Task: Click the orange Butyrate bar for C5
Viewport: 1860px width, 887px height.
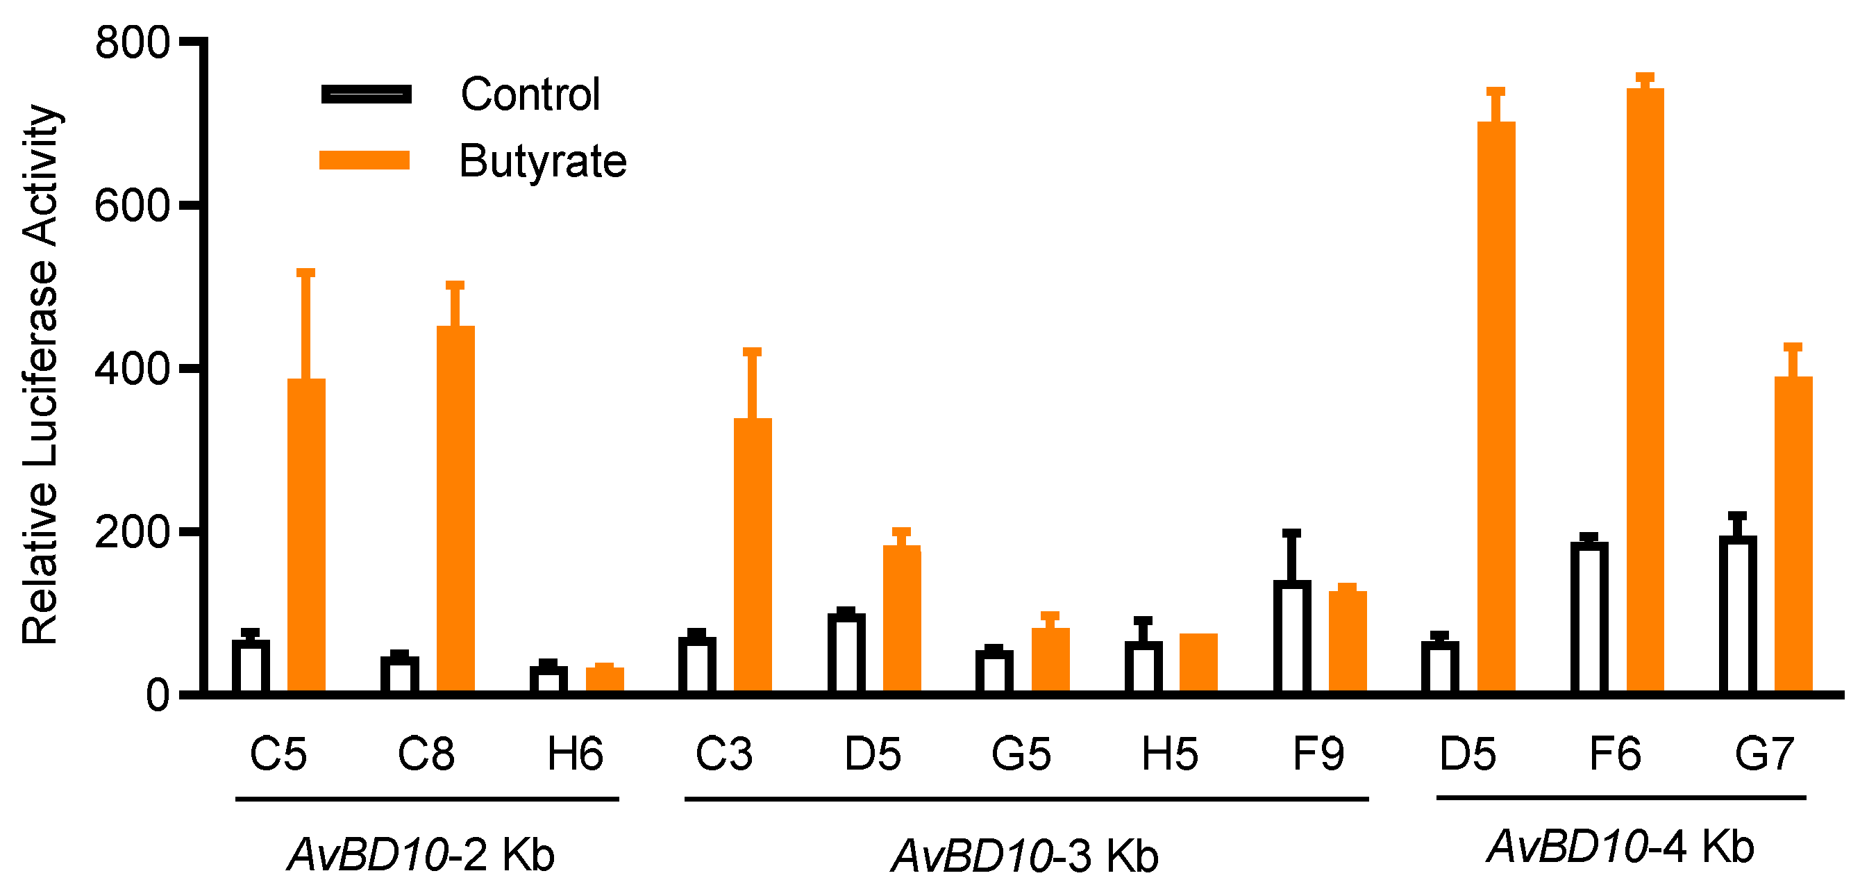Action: (x=306, y=535)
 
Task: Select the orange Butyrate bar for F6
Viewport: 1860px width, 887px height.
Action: (x=1645, y=390)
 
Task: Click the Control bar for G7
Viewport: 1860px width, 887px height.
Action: (x=1737, y=615)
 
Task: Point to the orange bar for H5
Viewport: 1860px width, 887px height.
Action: (x=1198, y=663)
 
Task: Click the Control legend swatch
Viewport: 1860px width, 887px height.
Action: (x=366, y=94)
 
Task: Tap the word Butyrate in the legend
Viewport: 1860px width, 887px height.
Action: (x=542, y=160)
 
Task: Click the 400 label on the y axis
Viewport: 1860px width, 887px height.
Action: (x=132, y=368)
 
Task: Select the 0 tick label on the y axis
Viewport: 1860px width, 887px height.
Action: (x=158, y=695)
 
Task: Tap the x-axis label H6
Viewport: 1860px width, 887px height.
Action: (x=575, y=754)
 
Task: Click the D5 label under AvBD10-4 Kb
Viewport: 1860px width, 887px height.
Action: (x=1467, y=754)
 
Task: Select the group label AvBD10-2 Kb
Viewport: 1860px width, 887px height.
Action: (x=421, y=855)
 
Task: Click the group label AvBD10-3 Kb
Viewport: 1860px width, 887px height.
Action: (x=1025, y=856)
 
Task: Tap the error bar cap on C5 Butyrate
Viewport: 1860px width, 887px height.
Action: (x=306, y=272)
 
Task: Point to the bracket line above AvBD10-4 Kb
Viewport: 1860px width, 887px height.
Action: (x=1621, y=797)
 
